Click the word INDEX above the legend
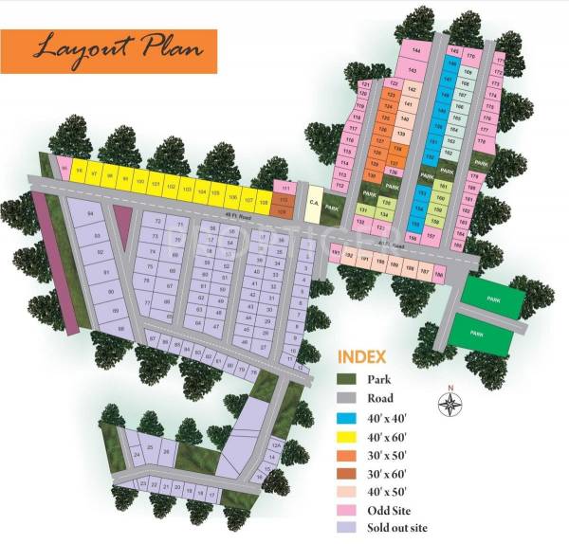[361, 357]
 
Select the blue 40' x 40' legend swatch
[348, 418]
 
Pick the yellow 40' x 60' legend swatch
[348, 437]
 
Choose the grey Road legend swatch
[348, 399]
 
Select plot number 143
[413, 71]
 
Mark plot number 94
[91, 216]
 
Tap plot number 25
[150, 445]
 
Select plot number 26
[167, 451]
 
